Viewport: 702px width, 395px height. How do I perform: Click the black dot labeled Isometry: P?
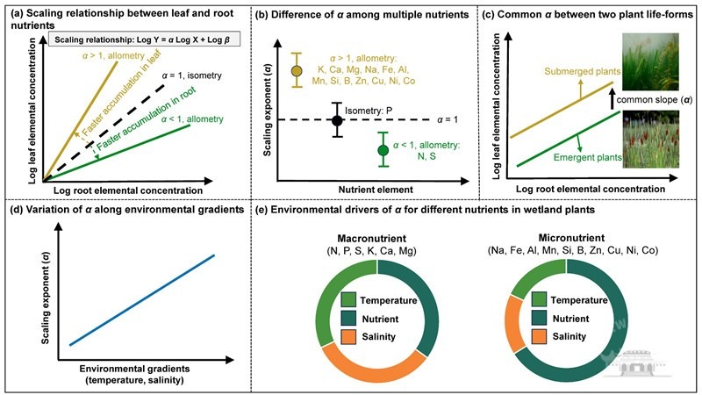[336, 119]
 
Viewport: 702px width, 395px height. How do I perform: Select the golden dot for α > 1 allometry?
[297, 70]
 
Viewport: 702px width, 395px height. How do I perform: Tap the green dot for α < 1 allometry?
[383, 150]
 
